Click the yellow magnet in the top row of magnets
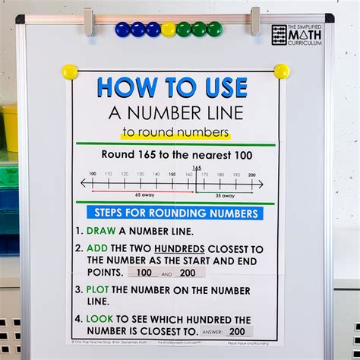(x=168, y=30)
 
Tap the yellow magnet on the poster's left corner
(x=70, y=72)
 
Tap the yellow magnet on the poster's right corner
(x=282, y=71)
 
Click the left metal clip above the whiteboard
(x=89, y=21)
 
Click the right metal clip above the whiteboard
(x=254, y=21)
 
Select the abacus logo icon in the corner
(x=279, y=34)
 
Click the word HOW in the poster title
(x=128, y=88)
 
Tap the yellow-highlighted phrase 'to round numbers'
(x=175, y=134)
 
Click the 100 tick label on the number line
(x=92, y=174)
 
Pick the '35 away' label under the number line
(x=225, y=195)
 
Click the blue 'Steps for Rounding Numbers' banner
(x=175, y=213)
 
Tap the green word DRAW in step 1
(x=101, y=231)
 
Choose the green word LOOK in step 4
(x=101, y=320)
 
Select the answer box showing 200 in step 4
(x=238, y=331)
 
